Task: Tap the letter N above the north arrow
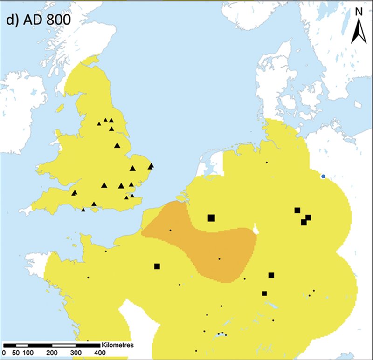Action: click(x=358, y=13)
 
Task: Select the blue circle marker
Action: click(x=323, y=177)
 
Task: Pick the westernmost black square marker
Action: click(x=157, y=266)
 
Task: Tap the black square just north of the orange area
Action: click(x=211, y=217)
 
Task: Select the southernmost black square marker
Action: click(x=264, y=293)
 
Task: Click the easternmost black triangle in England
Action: click(x=151, y=166)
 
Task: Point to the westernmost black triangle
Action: click(x=74, y=193)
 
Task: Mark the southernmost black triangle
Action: click(x=83, y=210)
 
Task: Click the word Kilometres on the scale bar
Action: click(x=117, y=346)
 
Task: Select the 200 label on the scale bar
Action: click(x=52, y=353)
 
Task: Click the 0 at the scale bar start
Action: click(x=5, y=353)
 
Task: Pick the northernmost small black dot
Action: click(x=267, y=163)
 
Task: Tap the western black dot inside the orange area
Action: click(x=170, y=230)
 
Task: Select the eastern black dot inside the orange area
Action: click(x=220, y=259)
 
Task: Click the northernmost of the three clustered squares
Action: click(x=297, y=210)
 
